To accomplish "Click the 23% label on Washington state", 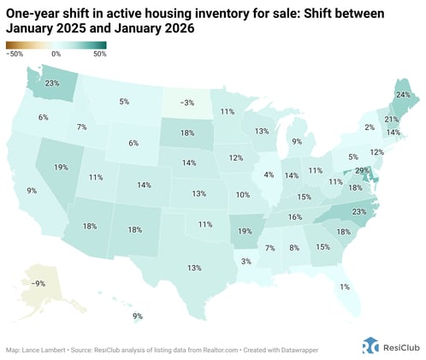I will pyautogui.click(x=52, y=84).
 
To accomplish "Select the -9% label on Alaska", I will pyautogui.click(x=37, y=283).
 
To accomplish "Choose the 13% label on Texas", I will pyautogui.click(x=195, y=268).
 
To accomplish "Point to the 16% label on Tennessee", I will pyautogui.click(x=294, y=217).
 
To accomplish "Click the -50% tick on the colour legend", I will pyautogui.click(x=14, y=54).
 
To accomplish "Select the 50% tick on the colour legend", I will pyautogui.click(x=99, y=54).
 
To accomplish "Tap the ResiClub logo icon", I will pyautogui.click(x=370, y=345).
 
